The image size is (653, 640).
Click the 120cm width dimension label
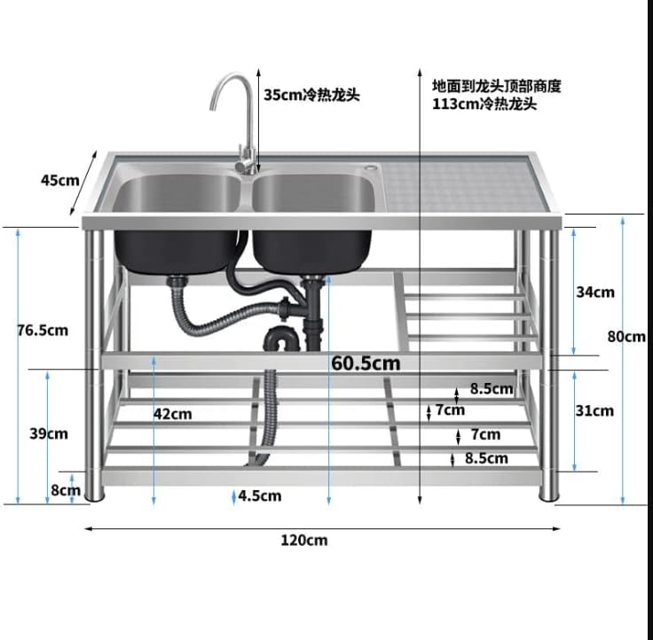(x=303, y=540)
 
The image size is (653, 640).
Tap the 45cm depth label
(x=59, y=180)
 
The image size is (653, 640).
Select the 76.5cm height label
(x=43, y=331)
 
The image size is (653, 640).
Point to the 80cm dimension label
(x=626, y=337)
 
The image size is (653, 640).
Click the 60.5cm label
(x=366, y=363)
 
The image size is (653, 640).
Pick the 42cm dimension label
(x=172, y=413)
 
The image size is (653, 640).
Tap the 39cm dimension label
(x=49, y=433)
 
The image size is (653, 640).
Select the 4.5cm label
(x=259, y=496)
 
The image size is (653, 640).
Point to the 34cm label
(x=594, y=292)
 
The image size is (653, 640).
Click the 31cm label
(x=594, y=410)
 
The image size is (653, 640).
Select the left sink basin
(x=177, y=194)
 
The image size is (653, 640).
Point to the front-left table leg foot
(x=93, y=494)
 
